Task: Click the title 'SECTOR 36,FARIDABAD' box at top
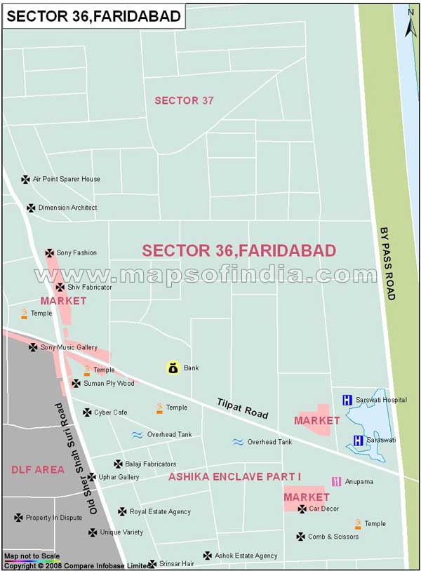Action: coord(93,15)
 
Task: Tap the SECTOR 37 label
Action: coord(184,100)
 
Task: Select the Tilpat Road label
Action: coord(243,408)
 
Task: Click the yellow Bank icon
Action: coord(173,368)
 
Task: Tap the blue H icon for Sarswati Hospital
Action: coord(347,400)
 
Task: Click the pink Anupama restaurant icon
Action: coord(337,481)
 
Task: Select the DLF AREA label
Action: coord(38,469)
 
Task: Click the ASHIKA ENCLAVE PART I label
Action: coord(234,477)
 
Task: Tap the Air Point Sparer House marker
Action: coord(26,180)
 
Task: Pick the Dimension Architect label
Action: coord(67,208)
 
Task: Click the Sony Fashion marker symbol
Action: coord(50,253)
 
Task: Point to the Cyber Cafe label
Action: coord(111,412)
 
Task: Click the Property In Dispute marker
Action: coord(18,518)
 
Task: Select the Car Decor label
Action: coord(324,509)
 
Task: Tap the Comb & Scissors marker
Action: coord(301,537)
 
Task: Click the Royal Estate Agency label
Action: coord(161,512)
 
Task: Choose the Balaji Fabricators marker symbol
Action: coord(118,464)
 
